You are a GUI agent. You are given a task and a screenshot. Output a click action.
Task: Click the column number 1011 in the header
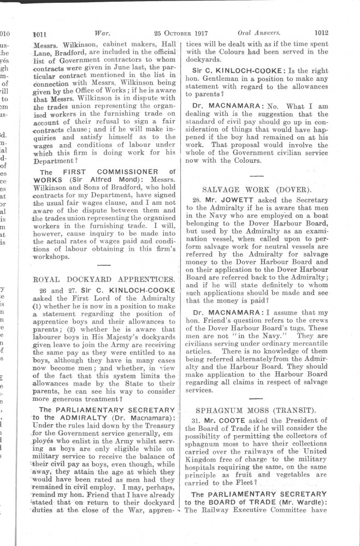[x=41, y=33]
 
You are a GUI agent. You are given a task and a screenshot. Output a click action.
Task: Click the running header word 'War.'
[x=104, y=33]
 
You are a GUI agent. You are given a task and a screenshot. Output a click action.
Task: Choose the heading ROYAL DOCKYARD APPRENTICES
[x=104, y=279]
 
